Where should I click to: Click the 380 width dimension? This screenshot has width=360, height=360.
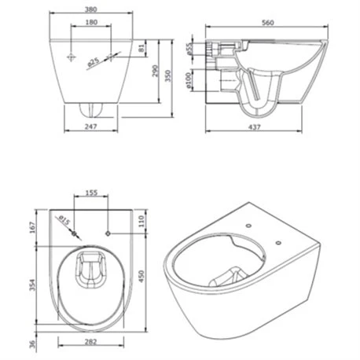point(91,9)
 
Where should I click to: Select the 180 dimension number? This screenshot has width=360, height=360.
point(91,22)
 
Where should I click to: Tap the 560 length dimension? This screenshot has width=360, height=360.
point(268,23)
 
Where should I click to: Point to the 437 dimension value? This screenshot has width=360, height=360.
point(255,127)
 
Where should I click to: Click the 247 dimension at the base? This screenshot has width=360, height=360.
point(91,127)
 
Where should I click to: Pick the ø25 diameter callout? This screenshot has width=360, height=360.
point(93,62)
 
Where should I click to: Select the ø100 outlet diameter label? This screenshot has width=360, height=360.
point(188,80)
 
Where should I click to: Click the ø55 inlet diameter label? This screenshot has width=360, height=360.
point(189,49)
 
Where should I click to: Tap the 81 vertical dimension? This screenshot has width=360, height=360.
point(141,48)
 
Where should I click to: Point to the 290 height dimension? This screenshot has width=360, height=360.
point(155,71)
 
